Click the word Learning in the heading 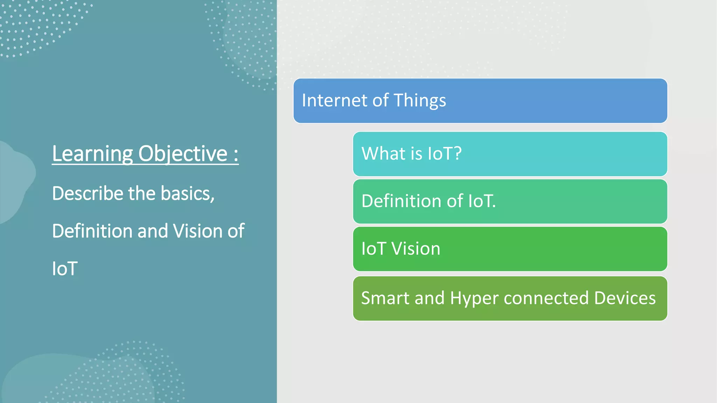pyautogui.click(x=92, y=154)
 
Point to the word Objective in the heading pyautogui.click(x=183, y=154)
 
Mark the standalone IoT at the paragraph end pyautogui.click(x=65, y=269)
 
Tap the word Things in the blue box pyautogui.click(x=420, y=101)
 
